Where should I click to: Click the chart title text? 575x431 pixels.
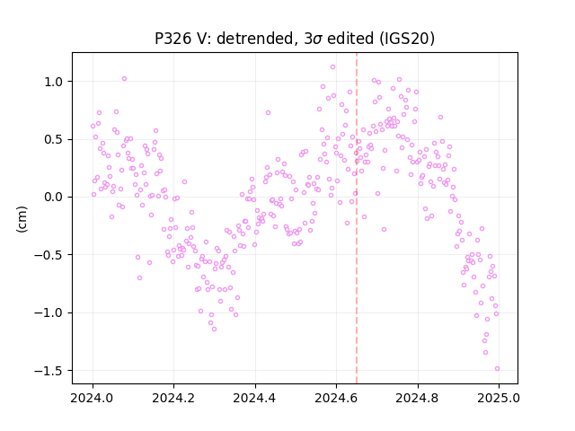click(x=295, y=39)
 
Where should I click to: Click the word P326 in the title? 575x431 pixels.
click(x=172, y=39)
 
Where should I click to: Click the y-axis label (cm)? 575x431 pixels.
click(x=22, y=219)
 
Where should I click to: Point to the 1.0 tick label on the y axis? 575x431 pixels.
click(x=54, y=82)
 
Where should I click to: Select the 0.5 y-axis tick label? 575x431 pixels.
click(x=54, y=140)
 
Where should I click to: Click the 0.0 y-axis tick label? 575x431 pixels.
click(x=54, y=198)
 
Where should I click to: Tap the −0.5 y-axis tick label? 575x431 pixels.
click(x=49, y=255)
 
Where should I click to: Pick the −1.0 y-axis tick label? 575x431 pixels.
click(x=49, y=313)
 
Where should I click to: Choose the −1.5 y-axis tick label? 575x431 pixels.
click(x=49, y=371)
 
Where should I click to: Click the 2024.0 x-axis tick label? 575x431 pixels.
click(x=93, y=398)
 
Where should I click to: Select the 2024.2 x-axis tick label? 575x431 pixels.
click(x=173, y=398)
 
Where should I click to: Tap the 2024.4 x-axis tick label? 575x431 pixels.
click(x=255, y=398)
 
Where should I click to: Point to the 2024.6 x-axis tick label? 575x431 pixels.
click(x=336, y=398)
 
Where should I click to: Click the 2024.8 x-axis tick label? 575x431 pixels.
click(x=418, y=398)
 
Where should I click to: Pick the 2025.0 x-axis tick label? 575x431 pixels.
click(x=499, y=398)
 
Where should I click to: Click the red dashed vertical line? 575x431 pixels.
click(x=357, y=218)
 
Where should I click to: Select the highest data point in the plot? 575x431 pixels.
click(x=332, y=67)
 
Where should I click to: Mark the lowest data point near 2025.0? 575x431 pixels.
click(x=497, y=369)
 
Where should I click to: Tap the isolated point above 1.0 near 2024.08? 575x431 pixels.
click(x=124, y=79)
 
